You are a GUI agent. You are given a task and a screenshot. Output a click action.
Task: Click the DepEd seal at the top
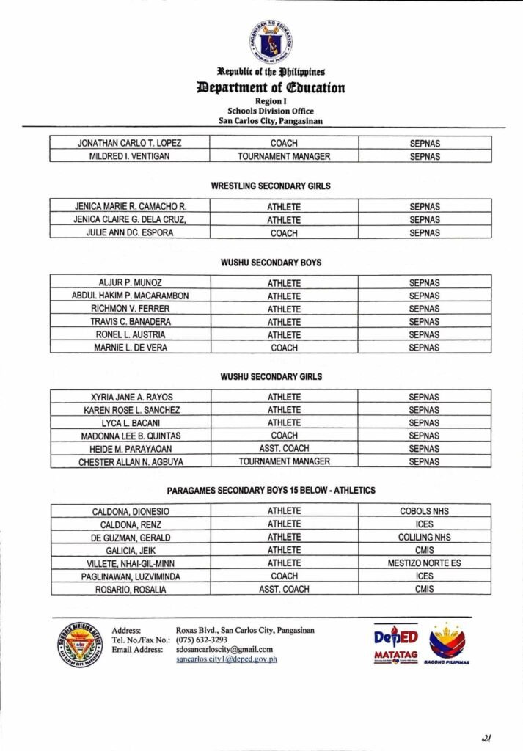271,41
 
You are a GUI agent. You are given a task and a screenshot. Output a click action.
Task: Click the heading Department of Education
271,88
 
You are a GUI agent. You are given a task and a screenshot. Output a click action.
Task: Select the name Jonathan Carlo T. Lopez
129,143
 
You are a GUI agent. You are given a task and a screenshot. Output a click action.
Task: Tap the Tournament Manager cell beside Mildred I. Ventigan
284,156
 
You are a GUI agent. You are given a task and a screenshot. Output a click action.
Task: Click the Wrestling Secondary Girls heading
271,186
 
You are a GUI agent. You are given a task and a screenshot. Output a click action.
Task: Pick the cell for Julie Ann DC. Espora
130,233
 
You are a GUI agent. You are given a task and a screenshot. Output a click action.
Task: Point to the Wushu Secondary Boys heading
271,263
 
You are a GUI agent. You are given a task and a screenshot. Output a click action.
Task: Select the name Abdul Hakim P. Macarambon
130,296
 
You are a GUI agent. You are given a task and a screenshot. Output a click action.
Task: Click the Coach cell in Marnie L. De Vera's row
284,348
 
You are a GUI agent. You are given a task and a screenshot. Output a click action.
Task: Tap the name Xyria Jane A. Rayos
130,398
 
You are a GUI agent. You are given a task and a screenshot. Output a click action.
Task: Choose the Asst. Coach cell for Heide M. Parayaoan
284,449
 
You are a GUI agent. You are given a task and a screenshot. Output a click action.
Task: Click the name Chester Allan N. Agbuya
131,462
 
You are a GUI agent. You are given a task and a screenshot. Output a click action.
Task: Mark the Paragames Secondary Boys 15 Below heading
271,491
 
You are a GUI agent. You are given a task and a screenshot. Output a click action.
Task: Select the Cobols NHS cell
424,511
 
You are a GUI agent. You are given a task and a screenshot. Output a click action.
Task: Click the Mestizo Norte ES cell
424,563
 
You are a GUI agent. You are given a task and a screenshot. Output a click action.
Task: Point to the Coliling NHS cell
424,538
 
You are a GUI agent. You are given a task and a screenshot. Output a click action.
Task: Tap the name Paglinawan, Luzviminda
131,576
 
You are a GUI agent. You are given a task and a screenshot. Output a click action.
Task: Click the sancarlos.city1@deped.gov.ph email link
227,659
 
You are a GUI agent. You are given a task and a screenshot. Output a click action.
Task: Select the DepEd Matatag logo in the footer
395,644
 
